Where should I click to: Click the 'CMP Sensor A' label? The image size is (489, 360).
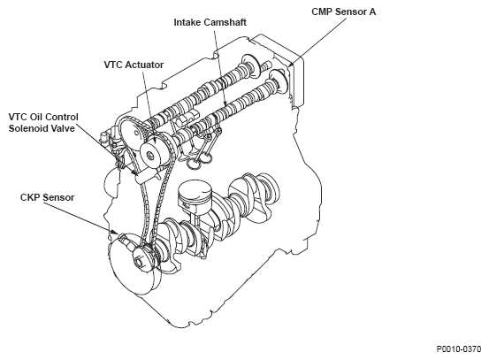[x=344, y=11]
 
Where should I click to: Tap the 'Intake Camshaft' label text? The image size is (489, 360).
[x=210, y=22]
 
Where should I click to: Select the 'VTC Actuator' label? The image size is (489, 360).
[x=134, y=65]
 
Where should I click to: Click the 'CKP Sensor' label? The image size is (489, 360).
[x=47, y=197]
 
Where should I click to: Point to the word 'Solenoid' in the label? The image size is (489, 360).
[x=26, y=128]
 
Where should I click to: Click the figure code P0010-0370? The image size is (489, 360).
[x=459, y=349]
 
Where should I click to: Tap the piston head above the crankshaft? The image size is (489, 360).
[x=195, y=194]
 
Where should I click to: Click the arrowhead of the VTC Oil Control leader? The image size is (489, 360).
[x=134, y=172]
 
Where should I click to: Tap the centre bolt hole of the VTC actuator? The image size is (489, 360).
[x=151, y=155]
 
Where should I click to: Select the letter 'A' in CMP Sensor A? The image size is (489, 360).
[x=372, y=11]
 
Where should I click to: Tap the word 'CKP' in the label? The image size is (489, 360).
[x=31, y=197]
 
